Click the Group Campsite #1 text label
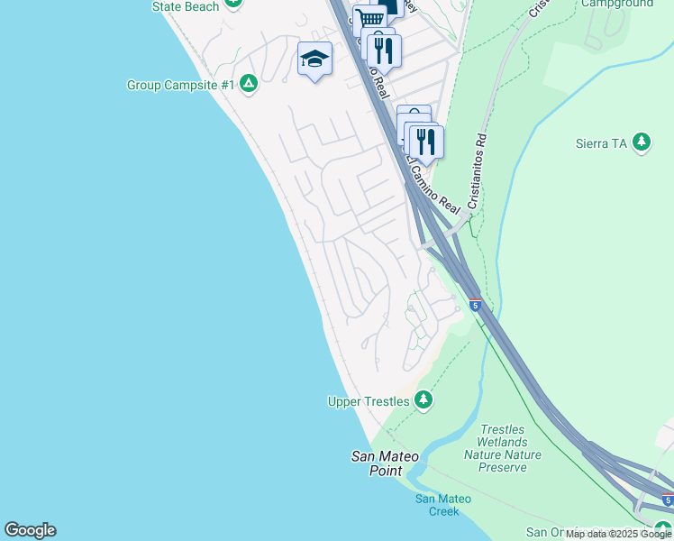(x=181, y=86)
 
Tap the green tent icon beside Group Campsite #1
(x=250, y=85)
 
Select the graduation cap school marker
(x=314, y=60)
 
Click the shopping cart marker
(x=369, y=20)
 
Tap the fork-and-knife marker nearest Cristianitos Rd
(x=426, y=142)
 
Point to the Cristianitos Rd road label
(x=477, y=170)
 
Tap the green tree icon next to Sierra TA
(x=642, y=142)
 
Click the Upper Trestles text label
(x=368, y=400)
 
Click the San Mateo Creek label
(x=437, y=505)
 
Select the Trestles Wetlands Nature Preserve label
(x=502, y=449)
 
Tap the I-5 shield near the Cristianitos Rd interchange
(x=475, y=305)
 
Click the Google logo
(x=30, y=530)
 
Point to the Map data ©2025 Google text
(x=618, y=535)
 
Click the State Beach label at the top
(x=186, y=6)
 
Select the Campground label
(x=617, y=4)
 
